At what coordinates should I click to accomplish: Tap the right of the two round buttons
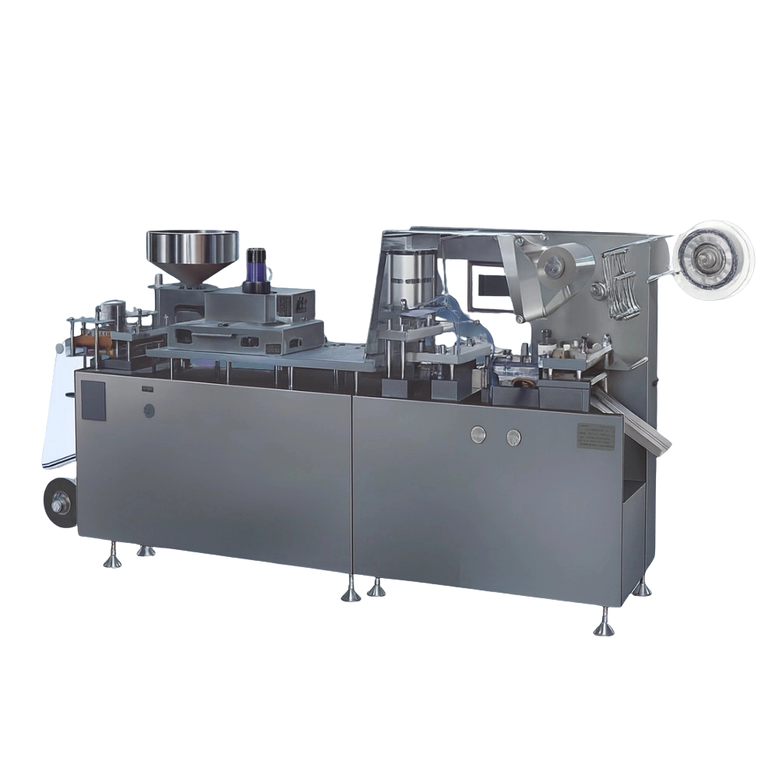click(513, 437)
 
